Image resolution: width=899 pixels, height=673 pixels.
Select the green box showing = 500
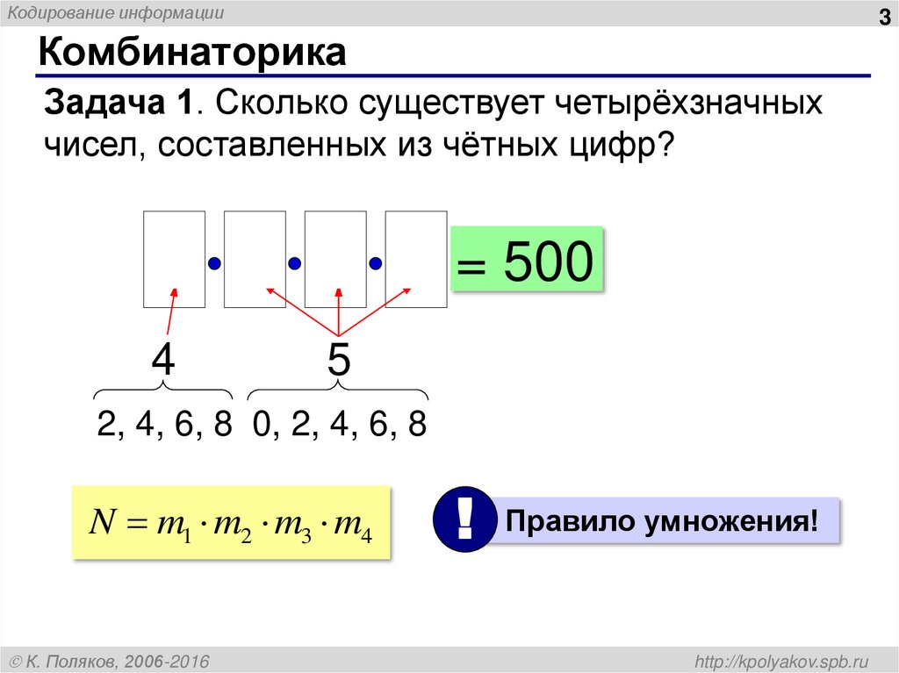(x=527, y=260)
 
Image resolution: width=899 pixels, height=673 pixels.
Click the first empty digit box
(x=174, y=259)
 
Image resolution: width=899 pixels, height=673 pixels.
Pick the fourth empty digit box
(x=416, y=259)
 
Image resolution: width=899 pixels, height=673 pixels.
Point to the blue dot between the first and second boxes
(x=214, y=262)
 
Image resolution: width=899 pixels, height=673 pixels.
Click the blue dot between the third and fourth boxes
(x=376, y=262)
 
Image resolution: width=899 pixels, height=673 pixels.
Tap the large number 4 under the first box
(x=163, y=360)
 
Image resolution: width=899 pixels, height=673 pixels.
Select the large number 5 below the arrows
(x=339, y=360)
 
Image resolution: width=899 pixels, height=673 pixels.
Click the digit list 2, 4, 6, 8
(x=165, y=425)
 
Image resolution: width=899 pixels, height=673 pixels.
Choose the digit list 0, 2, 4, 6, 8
(x=339, y=425)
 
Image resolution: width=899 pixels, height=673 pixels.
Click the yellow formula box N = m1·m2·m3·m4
(x=231, y=523)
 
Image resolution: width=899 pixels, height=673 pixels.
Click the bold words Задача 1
(x=119, y=103)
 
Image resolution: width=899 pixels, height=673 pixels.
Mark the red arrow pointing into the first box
(x=169, y=311)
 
